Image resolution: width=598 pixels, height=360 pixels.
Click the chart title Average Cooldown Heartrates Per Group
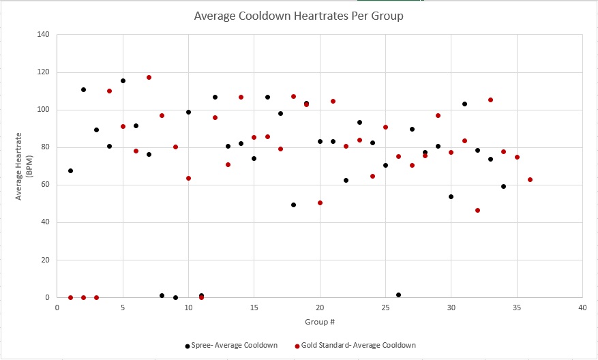tap(299, 16)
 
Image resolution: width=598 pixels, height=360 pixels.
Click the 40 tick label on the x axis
tap(582, 307)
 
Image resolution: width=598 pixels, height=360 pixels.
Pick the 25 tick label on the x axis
tap(385, 307)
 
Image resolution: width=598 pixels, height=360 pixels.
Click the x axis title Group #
tap(320, 321)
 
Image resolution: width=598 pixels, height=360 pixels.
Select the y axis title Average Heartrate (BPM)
tap(24, 166)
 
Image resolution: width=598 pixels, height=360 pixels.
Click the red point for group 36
tap(530, 180)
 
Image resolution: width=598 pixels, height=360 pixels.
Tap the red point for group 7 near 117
tap(149, 78)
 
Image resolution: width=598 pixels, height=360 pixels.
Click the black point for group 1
tap(70, 170)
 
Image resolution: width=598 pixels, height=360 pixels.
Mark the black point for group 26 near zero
tap(398, 295)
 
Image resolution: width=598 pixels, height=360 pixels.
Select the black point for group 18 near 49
tap(293, 205)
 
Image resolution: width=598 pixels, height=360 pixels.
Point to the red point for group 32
tap(477, 210)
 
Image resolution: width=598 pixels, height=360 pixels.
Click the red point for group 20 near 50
tap(320, 202)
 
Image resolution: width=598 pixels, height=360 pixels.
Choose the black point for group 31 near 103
tap(464, 104)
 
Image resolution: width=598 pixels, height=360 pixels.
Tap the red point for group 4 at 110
tap(109, 91)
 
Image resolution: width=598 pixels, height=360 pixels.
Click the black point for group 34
tap(503, 186)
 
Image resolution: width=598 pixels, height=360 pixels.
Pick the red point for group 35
tap(517, 157)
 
